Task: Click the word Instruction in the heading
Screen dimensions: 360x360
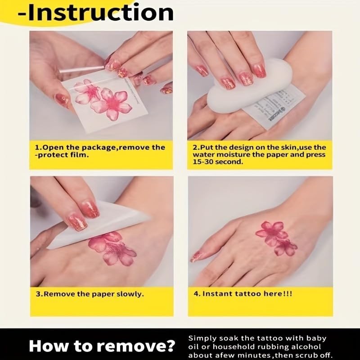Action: click(100, 13)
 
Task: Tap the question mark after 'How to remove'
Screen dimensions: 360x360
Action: click(169, 346)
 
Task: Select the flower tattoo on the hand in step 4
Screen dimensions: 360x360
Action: click(276, 238)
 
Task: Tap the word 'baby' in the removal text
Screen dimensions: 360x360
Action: click(316, 339)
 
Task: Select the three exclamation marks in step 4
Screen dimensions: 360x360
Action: click(288, 294)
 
